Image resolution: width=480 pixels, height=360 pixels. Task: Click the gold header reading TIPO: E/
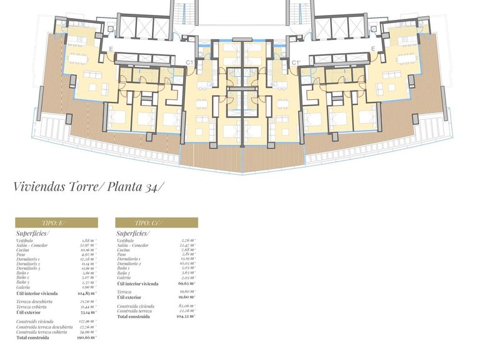coord(56,222)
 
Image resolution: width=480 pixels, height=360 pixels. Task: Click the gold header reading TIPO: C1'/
coord(156,222)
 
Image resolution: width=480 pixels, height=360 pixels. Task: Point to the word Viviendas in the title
coord(37,186)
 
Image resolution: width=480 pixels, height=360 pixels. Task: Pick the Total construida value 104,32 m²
coord(186,317)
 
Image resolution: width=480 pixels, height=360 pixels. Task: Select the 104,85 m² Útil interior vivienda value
coord(86,292)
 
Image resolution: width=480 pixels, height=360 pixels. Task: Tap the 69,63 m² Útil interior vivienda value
coord(186,283)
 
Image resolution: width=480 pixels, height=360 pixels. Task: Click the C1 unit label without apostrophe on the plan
coord(190,62)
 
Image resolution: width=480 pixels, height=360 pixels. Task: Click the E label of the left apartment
coord(111,48)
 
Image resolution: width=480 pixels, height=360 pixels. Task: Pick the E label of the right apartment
coord(372,48)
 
